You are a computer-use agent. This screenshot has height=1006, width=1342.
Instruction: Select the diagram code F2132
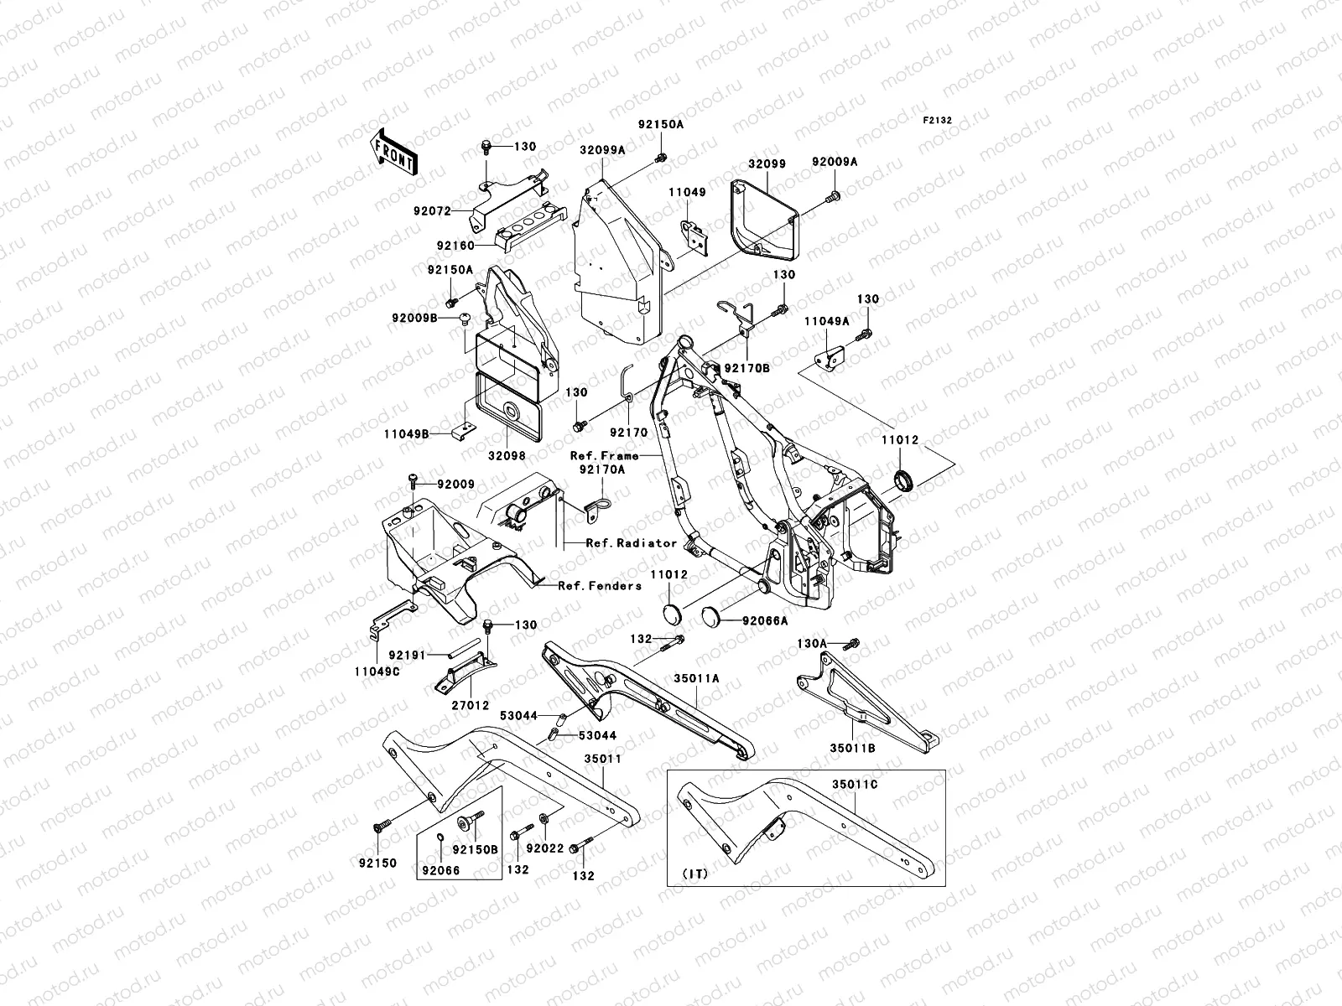pyautogui.click(x=937, y=121)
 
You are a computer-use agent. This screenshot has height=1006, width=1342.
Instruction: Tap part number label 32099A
pyautogui.click(x=602, y=150)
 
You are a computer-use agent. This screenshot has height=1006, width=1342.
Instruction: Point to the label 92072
pyautogui.click(x=432, y=211)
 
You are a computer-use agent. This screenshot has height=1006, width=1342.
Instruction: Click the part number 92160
pyautogui.click(x=455, y=246)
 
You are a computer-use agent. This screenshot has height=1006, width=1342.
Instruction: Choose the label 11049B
pyautogui.click(x=407, y=434)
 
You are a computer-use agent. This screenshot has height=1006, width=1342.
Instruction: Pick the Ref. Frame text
pyautogui.click(x=604, y=456)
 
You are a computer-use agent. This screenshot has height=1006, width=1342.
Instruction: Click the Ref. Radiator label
pyautogui.click(x=632, y=543)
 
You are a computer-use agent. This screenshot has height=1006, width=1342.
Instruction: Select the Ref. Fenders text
pyautogui.click(x=600, y=586)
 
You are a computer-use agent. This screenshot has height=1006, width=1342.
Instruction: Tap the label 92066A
pyautogui.click(x=766, y=621)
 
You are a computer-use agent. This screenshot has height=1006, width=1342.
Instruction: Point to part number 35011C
pyautogui.click(x=854, y=785)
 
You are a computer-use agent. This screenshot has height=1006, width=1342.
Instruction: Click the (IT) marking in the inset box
pyautogui.click(x=695, y=874)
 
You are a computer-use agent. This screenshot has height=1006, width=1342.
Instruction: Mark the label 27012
pyautogui.click(x=471, y=706)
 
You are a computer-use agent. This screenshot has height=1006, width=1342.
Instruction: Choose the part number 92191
pyautogui.click(x=407, y=656)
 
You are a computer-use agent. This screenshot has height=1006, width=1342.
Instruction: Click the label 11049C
pyautogui.click(x=377, y=672)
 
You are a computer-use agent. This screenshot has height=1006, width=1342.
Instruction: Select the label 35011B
pyautogui.click(x=852, y=749)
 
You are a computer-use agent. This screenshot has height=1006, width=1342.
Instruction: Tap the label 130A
pyautogui.click(x=811, y=644)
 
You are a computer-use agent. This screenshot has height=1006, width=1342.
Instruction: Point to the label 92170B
pyautogui.click(x=747, y=368)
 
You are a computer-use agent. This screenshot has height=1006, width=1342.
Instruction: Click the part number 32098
pyautogui.click(x=507, y=456)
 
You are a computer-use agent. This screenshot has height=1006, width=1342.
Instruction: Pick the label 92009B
pyautogui.click(x=414, y=319)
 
